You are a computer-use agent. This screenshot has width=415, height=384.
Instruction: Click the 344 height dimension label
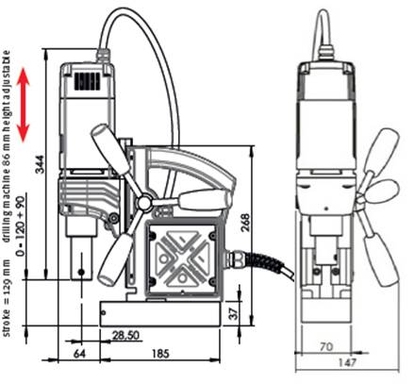click(x=40, y=164)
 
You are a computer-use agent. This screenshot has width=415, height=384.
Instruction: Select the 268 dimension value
click(x=245, y=223)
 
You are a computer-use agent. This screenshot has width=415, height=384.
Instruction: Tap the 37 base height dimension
click(x=235, y=313)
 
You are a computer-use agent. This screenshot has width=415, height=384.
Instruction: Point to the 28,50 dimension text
click(x=125, y=335)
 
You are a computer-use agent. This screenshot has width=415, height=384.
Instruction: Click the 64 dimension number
click(x=79, y=354)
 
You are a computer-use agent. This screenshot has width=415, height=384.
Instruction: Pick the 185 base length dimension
click(x=160, y=354)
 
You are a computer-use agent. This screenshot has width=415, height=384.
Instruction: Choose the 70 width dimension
click(x=326, y=346)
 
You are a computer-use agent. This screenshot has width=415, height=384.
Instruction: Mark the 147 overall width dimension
click(x=347, y=362)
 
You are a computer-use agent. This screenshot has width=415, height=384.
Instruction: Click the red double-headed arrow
click(x=23, y=105)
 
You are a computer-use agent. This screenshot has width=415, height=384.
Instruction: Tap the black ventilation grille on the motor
click(x=88, y=81)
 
